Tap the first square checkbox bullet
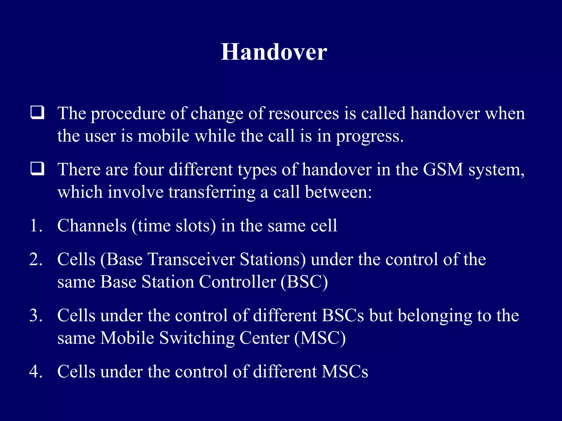(x=37, y=113)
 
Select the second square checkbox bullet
(x=37, y=169)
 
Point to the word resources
(x=304, y=113)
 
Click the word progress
(x=369, y=136)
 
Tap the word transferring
(x=212, y=192)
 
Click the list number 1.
(x=36, y=226)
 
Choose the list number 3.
(x=36, y=315)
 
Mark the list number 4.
(x=36, y=372)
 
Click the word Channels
(x=92, y=226)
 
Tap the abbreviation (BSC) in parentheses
(x=304, y=282)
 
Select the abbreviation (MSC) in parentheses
(x=320, y=338)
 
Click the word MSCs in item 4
(x=345, y=372)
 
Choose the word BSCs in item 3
(x=343, y=315)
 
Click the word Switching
(x=197, y=338)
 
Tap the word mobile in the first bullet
(x=164, y=136)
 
